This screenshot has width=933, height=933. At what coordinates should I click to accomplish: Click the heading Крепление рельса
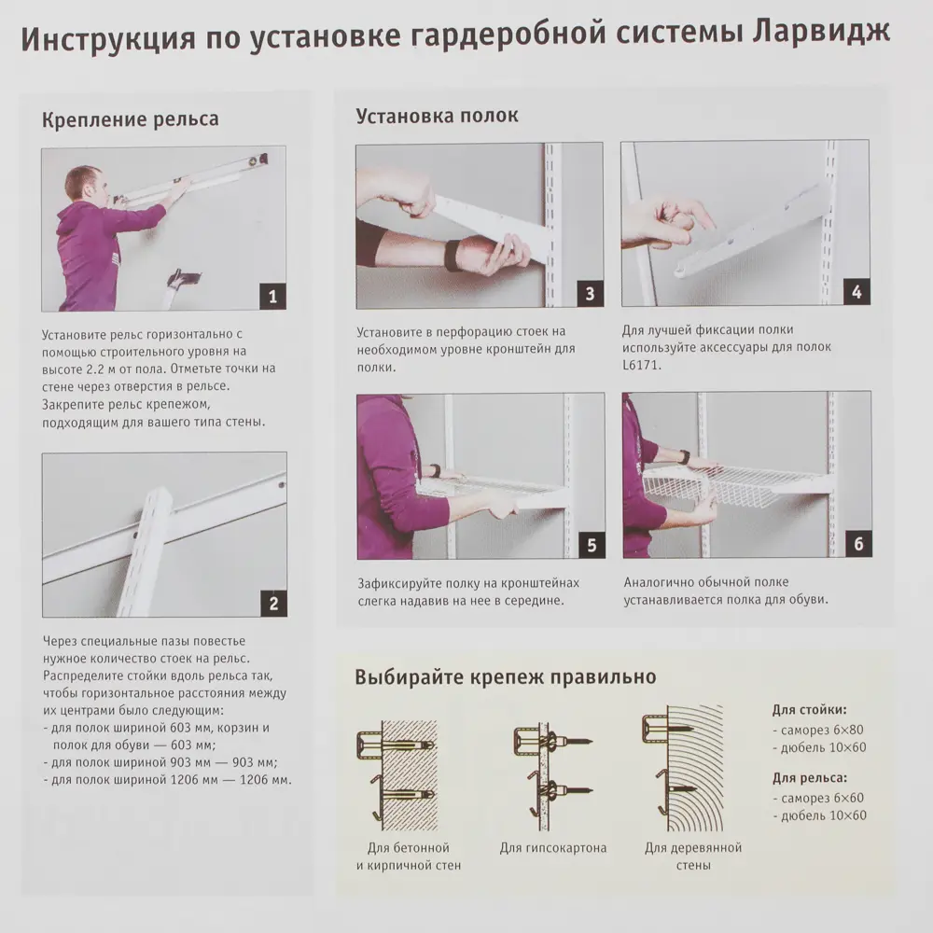click(x=131, y=119)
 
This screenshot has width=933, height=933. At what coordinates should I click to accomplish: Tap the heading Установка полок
click(x=437, y=116)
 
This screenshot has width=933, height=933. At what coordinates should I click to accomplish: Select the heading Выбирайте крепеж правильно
click(x=505, y=676)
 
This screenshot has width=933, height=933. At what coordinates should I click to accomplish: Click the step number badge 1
click(x=272, y=297)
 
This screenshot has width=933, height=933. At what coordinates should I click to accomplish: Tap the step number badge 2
click(x=272, y=603)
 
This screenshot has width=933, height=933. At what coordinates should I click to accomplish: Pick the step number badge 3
click(x=589, y=294)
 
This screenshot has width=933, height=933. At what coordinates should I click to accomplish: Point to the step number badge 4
click(x=856, y=292)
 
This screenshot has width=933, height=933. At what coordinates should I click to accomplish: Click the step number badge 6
click(x=857, y=544)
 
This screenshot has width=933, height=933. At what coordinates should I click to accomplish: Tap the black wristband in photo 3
click(x=453, y=255)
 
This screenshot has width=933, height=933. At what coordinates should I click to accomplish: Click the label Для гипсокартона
click(x=552, y=848)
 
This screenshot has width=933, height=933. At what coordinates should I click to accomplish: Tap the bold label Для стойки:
click(x=809, y=709)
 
